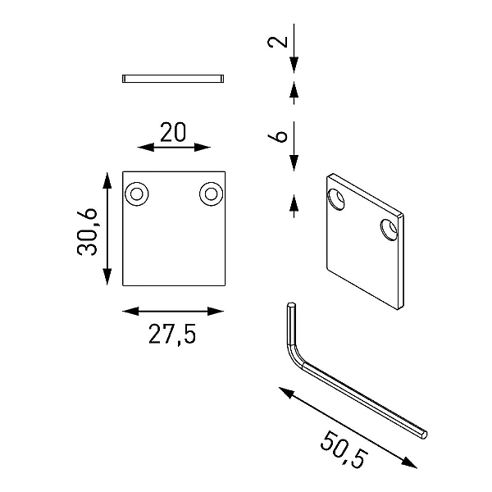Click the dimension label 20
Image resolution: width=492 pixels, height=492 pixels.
pyautogui.click(x=173, y=132)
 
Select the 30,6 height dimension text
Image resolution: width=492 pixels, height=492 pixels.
pyautogui.click(x=87, y=232)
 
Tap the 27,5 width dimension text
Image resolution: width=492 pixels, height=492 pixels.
pyautogui.click(x=172, y=335)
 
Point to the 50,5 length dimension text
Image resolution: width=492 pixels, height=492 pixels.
pyautogui.click(x=344, y=449)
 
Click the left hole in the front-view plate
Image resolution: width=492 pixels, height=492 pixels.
pyautogui.click(x=136, y=194)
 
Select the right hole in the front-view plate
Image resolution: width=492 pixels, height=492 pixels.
pyautogui.click(x=211, y=194)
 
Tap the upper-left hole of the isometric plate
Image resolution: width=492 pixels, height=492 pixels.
pyautogui.click(x=335, y=199)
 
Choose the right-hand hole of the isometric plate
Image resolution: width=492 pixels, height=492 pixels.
pyautogui.click(x=389, y=230)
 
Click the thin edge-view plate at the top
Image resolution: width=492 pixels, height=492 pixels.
pyautogui.click(x=173, y=79)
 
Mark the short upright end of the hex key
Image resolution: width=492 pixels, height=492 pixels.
pyautogui.click(x=291, y=323)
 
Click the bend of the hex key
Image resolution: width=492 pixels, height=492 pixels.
pyautogui.click(x=294, y=357)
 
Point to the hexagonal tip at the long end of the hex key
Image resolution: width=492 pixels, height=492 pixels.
pyautogui.click(x=424, y=434)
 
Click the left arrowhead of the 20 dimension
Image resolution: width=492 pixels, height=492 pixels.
pyautogui.click(x=146, y=147)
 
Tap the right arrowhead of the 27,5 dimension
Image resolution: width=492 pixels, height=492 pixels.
pyautogui.click(x=216, y=312)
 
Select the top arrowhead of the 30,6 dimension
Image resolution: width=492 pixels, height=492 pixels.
pyautogui.click(x=107, y=180)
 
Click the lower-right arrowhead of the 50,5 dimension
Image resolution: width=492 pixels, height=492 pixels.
pyautogui.click(x=409, y=462)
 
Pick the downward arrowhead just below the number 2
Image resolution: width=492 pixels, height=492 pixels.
pyautogui.click(x=294, y=66)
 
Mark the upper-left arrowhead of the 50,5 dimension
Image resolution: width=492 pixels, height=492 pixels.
pyautogui.click(x=286, y=393)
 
